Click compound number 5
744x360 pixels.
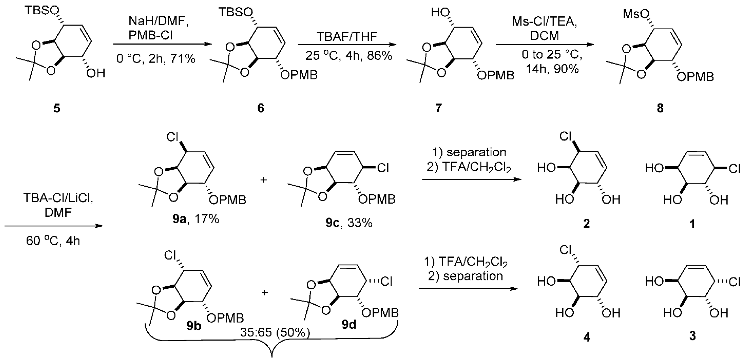tap(57, 108)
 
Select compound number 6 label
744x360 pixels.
tap(260, 108)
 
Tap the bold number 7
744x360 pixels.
tap(438, 108)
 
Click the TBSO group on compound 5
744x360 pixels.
tap(42, 11)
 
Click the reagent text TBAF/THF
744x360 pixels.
tap(347, 37)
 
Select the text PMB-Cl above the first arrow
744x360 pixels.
tap(151, 36)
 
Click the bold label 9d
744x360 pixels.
tap(349, 325)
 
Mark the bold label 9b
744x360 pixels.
tap(194, 326)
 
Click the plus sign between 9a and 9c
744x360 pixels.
tap(263, 180)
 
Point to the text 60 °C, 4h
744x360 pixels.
tap(53, 241)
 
